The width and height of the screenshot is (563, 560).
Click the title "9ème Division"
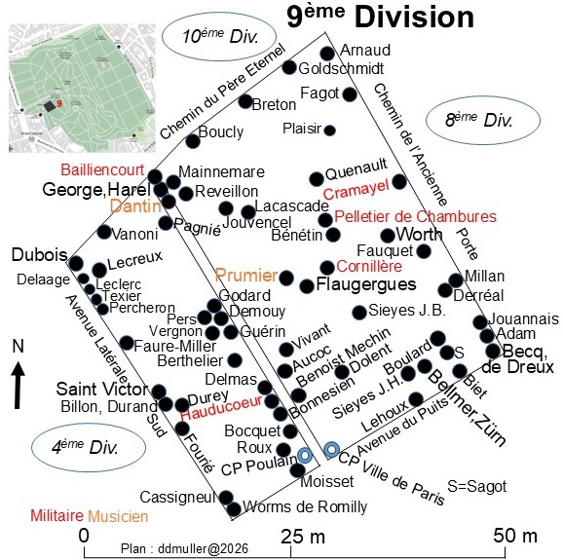click(x=381, y=17)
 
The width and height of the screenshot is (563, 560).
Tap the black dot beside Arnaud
click(x=327, y=54)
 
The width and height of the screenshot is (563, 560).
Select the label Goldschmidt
click(x=341, y=68)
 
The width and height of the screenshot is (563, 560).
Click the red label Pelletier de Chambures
click(x=415, y=216)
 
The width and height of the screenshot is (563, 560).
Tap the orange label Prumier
click(x=246, y=276)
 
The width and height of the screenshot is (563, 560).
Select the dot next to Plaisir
click(x=329, y=131)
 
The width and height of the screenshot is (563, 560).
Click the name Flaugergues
click(x=366, y=284)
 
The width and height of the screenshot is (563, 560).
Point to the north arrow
click(x=18, y=385)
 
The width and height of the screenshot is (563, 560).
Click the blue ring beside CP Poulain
click(x=305, y=455)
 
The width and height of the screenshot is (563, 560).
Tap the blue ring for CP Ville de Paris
click(x=331, y=449)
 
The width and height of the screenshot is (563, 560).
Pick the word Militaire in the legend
click(x=56, y=515)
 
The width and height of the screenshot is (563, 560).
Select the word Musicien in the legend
click(x=118, y=516)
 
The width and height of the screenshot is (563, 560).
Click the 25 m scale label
click(x=303, y=537)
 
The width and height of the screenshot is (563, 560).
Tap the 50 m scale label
click(x=515, y=536)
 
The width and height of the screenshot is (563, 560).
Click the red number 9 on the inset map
click(x=59, y=104)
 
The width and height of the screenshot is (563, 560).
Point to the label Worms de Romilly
click(x=305, y=506)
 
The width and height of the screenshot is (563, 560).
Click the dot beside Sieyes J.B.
click(x=359, y=313)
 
